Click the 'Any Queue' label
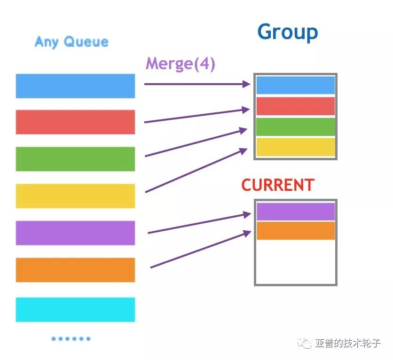71,42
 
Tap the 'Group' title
288,32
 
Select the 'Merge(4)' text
180,63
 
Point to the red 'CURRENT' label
277,185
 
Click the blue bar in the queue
75,86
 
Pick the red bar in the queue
75,122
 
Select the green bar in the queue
75,159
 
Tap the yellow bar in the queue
75,196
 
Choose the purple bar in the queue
75,233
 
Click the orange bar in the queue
75,270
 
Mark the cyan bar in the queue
75,309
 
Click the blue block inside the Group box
295,85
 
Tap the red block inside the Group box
295,106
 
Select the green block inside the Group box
295,126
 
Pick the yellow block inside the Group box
295,147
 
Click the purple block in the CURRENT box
295,211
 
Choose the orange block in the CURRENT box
295,230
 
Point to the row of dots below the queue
71,338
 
